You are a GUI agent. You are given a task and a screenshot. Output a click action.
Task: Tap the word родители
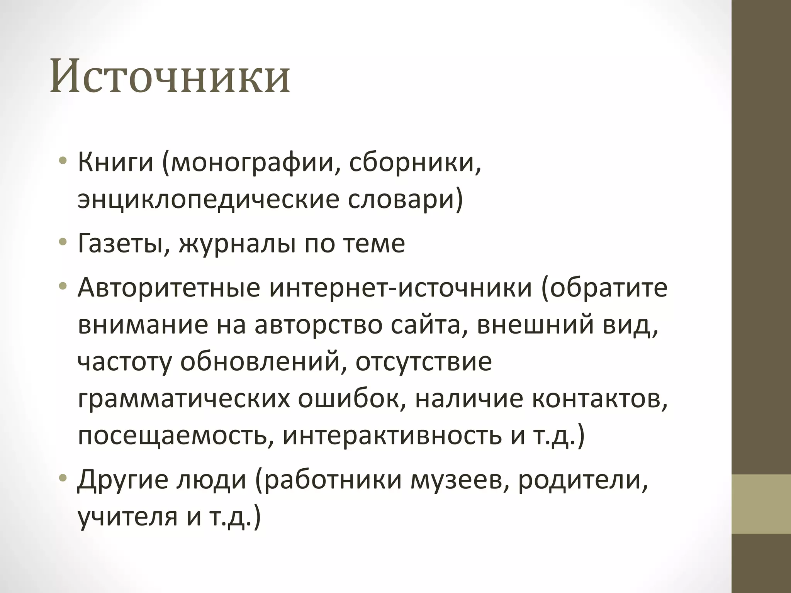coord(582,480)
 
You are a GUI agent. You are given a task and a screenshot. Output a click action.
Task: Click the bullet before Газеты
coord(63,243)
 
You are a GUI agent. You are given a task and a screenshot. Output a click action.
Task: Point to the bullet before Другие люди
coord(63,479)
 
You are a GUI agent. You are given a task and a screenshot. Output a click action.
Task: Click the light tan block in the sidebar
coord(761,503)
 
